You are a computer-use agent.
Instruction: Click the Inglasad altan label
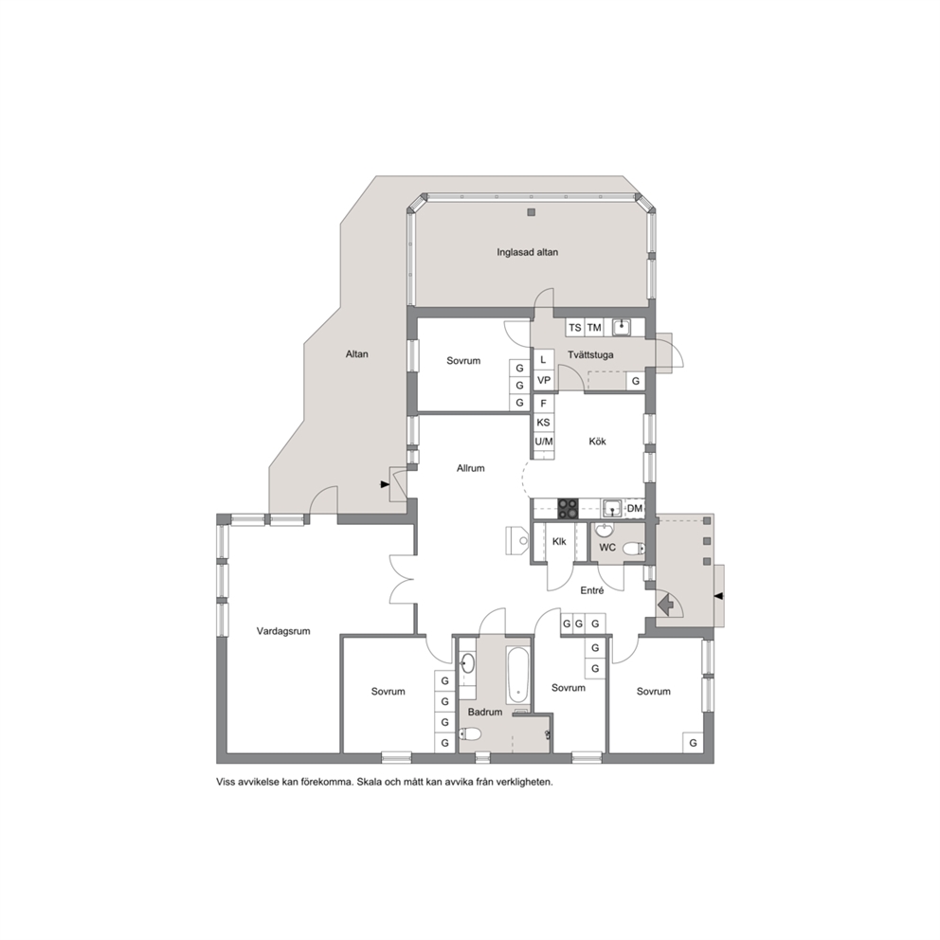click(527, 252)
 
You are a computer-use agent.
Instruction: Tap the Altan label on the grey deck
click(356, 354)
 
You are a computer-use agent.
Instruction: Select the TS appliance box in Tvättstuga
click(575, 327)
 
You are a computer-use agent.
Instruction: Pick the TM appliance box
click(594, 327)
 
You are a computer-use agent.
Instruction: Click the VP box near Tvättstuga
click(544, 380)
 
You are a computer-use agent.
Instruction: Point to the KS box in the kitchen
click(543, 423)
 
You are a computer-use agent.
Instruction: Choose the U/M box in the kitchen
click(543, 442)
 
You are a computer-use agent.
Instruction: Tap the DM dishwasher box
click(634, 508)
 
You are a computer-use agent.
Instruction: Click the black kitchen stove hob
click(568, 508)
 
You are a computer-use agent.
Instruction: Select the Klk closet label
click(559, 541)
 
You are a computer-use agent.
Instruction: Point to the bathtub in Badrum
click(518, 675)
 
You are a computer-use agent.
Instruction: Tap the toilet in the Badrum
click(471, 733)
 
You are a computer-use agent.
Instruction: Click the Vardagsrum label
click(283, 631)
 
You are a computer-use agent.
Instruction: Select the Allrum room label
click(471, 468)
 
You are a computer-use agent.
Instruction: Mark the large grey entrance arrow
click(665, 604)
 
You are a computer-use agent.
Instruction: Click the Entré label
click(591, 590)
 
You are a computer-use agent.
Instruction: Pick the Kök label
click(597, 442)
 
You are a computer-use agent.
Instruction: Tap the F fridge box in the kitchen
click(543, 404)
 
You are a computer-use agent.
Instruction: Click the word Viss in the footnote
click(225, 783)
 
